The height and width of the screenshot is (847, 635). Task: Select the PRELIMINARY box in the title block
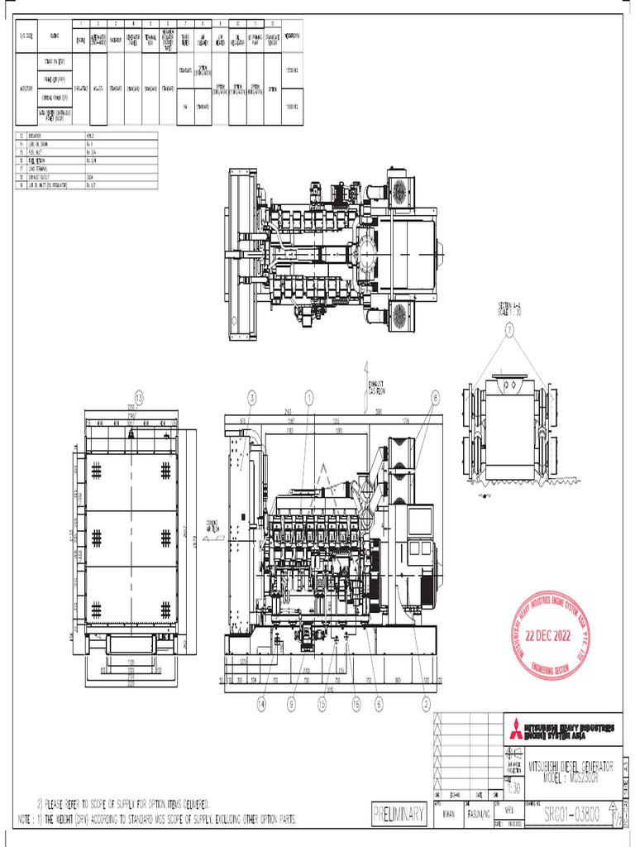[x=399, y=814]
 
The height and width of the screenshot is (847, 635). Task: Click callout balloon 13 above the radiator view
[x=139, y=398]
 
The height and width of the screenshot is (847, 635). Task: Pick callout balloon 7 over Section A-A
[x=510, y=329]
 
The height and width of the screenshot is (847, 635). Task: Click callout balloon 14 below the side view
[x=261, y=704]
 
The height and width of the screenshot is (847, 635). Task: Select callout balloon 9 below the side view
[x=292, y=704]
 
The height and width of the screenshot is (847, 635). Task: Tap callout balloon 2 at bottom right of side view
[x=427, y=704]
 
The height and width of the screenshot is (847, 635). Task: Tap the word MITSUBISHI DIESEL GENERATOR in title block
[x=571, y=767]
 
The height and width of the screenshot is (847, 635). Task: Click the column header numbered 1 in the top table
[x=80, y=23]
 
